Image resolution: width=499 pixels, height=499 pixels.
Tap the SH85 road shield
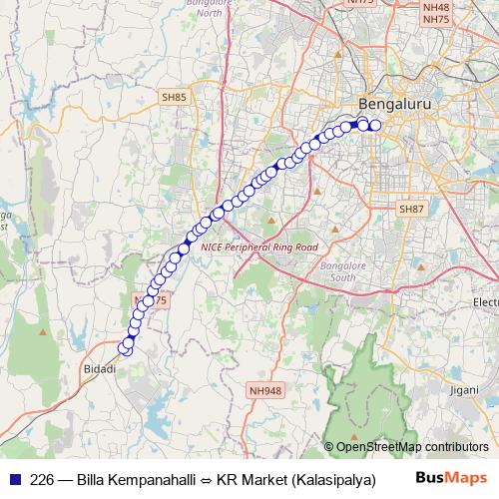(x=174, y=97)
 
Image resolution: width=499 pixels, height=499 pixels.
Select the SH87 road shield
(x=411, y=209)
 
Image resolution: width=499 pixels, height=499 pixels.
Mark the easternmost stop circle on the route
(x=376, y=126)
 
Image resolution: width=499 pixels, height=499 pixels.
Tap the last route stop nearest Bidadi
(x=126, y=348)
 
